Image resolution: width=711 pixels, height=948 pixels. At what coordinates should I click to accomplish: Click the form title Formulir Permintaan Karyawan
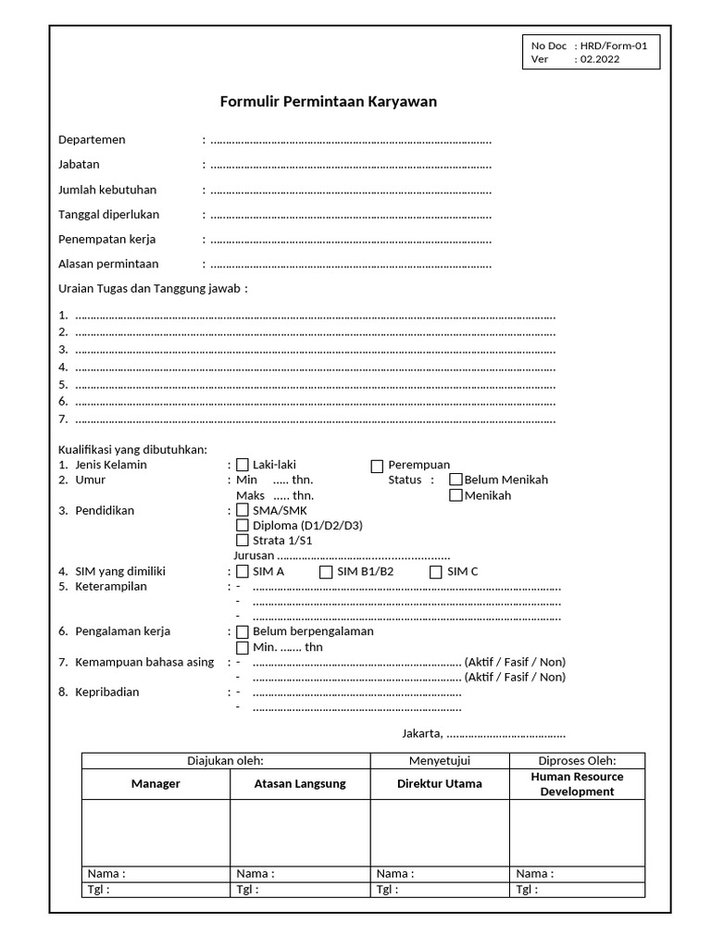[x=328, y=102]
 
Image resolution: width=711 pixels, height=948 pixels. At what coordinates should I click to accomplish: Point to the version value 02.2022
[x=600, y=59]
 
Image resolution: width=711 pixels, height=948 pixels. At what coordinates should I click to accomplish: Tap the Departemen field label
[x=92, y=140]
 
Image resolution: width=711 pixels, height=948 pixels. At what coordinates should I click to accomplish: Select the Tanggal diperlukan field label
[x=108, y=215]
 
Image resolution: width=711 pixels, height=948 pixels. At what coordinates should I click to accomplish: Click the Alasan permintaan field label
[x=108, y=264]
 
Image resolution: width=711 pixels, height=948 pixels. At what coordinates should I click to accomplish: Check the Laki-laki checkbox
[x=243, y=466]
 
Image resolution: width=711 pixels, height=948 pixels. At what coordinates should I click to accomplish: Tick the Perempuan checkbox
[x=377, y=466]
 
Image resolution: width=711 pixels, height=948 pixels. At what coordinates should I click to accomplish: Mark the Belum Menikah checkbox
[x=455, y=480]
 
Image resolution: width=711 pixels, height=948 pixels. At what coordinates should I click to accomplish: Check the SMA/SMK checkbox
[x=243, y=510]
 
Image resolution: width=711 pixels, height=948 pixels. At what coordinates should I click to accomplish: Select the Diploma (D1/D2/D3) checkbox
[x=243, y=526]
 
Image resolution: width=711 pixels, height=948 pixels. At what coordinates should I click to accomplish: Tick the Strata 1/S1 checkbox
[x=243, y=541]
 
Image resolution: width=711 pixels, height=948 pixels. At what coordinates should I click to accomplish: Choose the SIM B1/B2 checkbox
[x=326, y=572]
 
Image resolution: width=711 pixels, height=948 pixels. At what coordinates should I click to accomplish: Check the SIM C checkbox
[x=436, y=572]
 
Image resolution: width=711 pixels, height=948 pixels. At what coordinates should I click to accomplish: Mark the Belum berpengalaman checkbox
[x=243, y=632]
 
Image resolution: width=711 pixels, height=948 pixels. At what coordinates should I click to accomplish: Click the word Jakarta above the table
[x=421, y=734]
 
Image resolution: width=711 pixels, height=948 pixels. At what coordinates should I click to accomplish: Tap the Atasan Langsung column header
[x=300, y=784]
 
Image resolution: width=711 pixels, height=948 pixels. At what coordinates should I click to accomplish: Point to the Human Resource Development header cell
[x=577, y=784]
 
